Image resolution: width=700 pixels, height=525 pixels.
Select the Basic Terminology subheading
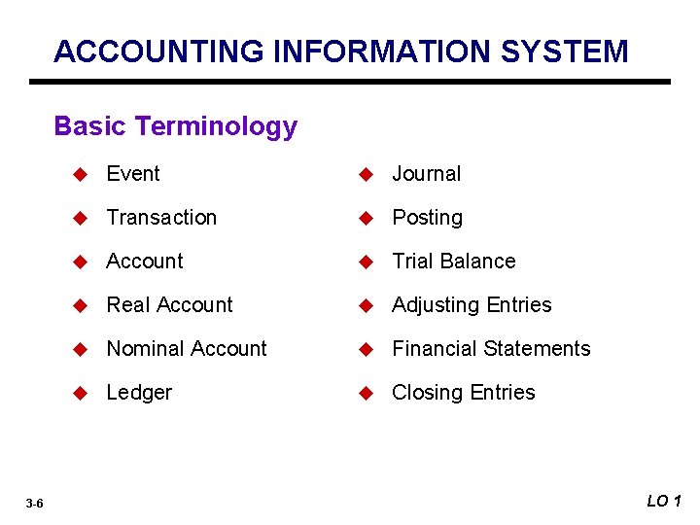(175, 126)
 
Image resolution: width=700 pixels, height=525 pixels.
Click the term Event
(133, 174)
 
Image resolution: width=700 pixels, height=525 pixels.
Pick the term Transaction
(161, 218)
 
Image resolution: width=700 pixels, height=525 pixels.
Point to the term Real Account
(169, 305)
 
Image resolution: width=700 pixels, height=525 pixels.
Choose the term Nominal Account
(187, 349)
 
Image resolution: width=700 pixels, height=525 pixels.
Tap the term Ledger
(139, 393)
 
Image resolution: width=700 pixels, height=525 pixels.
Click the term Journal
(426, 174)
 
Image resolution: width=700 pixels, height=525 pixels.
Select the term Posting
(427, 218)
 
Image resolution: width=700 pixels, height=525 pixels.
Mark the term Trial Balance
(453, 262)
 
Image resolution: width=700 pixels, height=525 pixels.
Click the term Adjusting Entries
(472, 305)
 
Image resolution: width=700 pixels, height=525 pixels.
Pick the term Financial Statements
(491, 349)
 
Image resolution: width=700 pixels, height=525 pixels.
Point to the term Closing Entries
(463, 393)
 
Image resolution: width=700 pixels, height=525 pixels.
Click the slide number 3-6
(34, 503)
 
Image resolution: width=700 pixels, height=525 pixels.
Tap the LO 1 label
(664, 501)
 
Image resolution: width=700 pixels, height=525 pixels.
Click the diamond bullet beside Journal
(366, 175)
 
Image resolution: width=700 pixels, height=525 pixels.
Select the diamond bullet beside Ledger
(81, 394)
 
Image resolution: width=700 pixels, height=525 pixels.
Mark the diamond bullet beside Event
(81, 175)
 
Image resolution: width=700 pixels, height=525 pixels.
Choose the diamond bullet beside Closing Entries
(366, 394)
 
